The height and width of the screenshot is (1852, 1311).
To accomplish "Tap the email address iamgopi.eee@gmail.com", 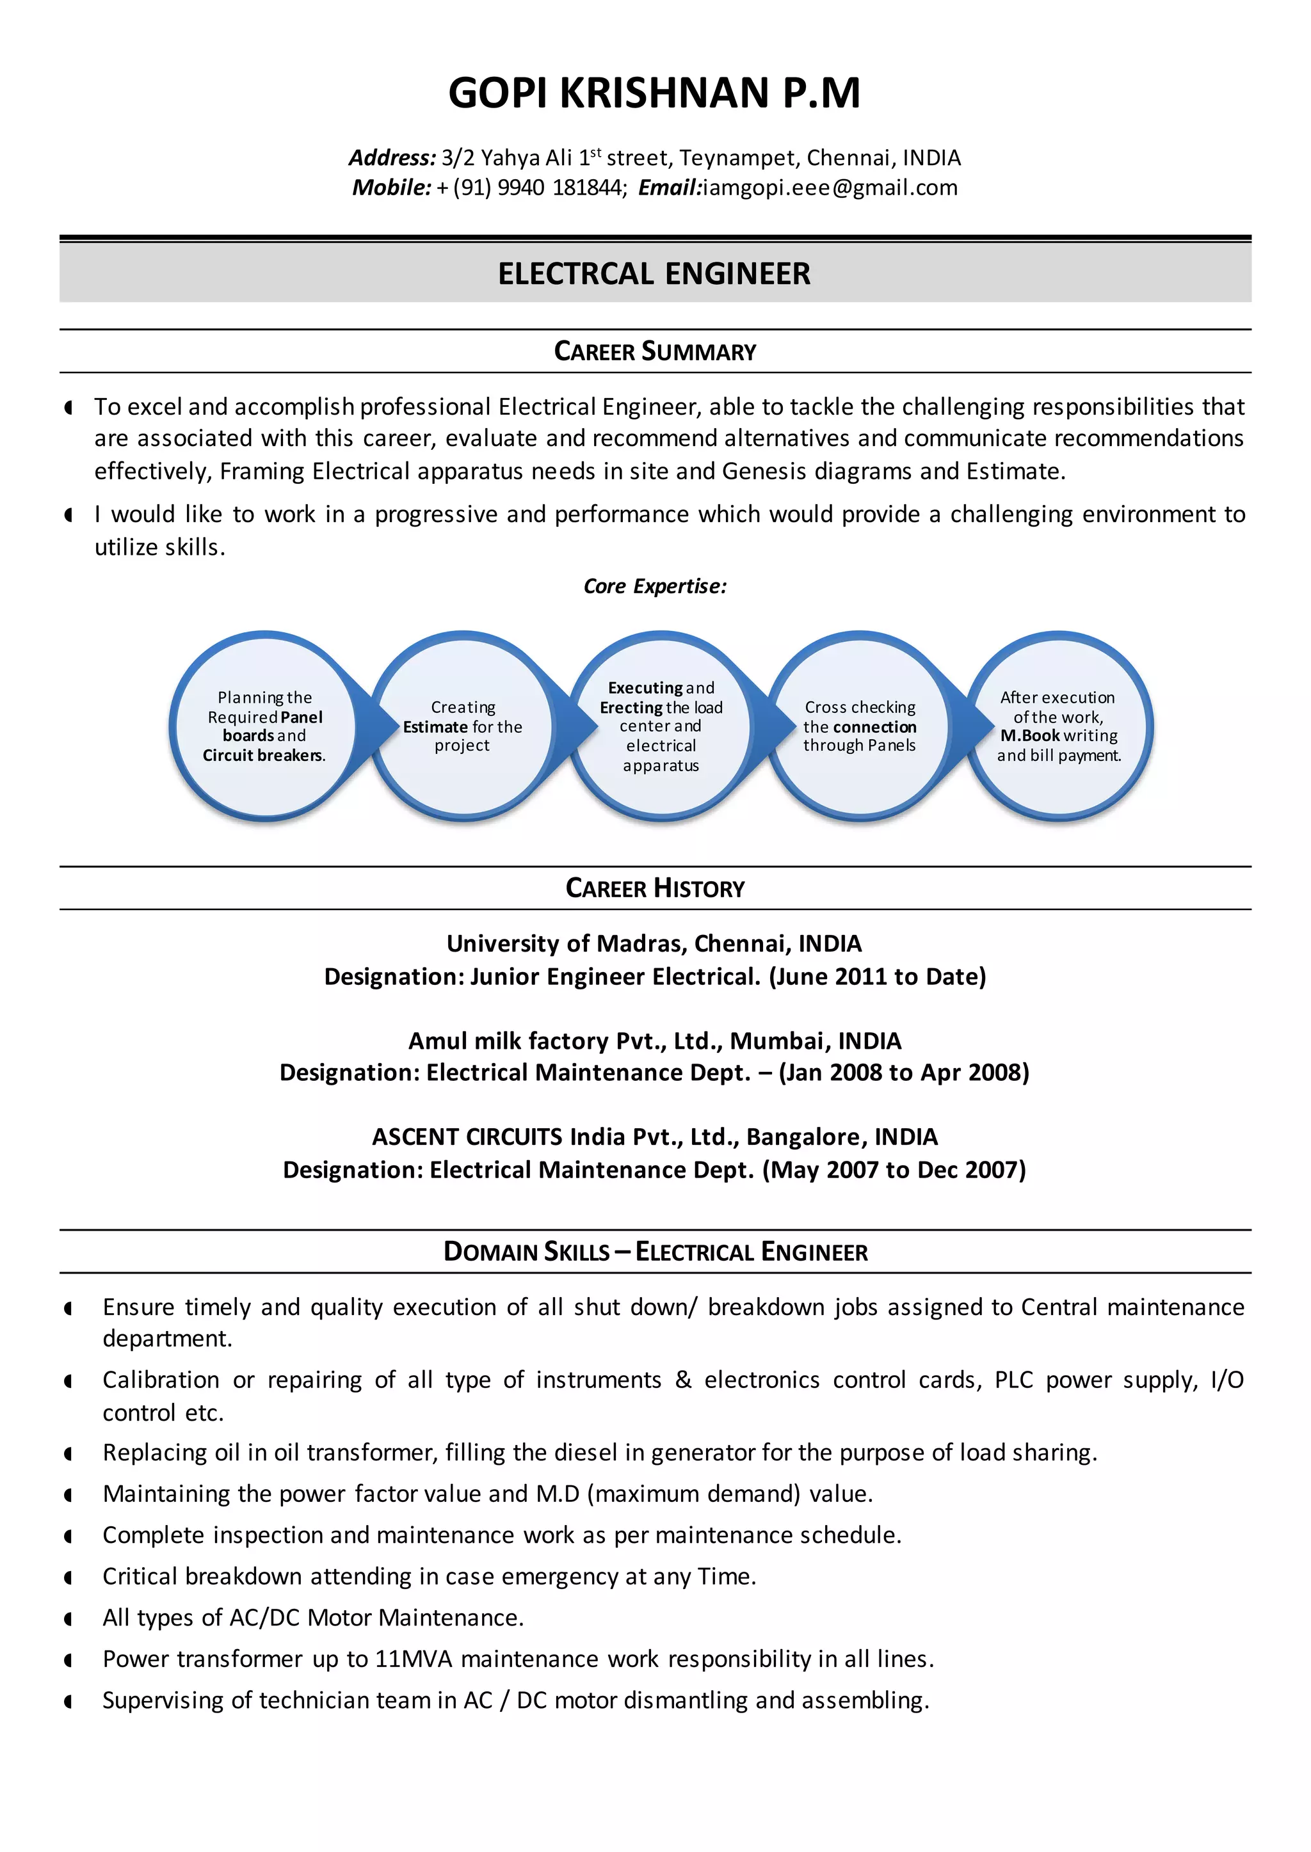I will coord(830,188).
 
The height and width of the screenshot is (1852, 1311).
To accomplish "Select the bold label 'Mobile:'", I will coord(392,188).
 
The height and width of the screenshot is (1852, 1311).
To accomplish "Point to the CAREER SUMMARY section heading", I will coord(655,352).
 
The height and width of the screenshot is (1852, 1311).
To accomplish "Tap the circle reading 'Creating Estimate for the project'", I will coord(463,726).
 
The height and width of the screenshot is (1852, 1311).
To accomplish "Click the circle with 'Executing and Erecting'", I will coord(661,726).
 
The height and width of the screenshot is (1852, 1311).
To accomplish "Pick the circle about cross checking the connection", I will coord(860,726).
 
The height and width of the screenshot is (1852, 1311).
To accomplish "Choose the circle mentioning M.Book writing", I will coord(1058,726).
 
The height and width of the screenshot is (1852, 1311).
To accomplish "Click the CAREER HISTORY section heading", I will coord(655,888).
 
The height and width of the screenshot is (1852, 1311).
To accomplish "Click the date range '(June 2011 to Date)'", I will coord(878,977).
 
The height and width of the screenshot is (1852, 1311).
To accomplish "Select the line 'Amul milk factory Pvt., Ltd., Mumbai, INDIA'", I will coord(655,1041).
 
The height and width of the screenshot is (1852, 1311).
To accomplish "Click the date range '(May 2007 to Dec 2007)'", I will coord(894,1170).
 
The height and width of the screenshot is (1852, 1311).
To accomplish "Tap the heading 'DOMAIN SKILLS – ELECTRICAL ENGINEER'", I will coord(655,1252).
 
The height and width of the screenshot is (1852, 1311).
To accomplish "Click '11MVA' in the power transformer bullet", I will coord(414,1659).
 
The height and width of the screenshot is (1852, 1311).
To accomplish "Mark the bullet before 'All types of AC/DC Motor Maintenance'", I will coord(68,1619).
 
